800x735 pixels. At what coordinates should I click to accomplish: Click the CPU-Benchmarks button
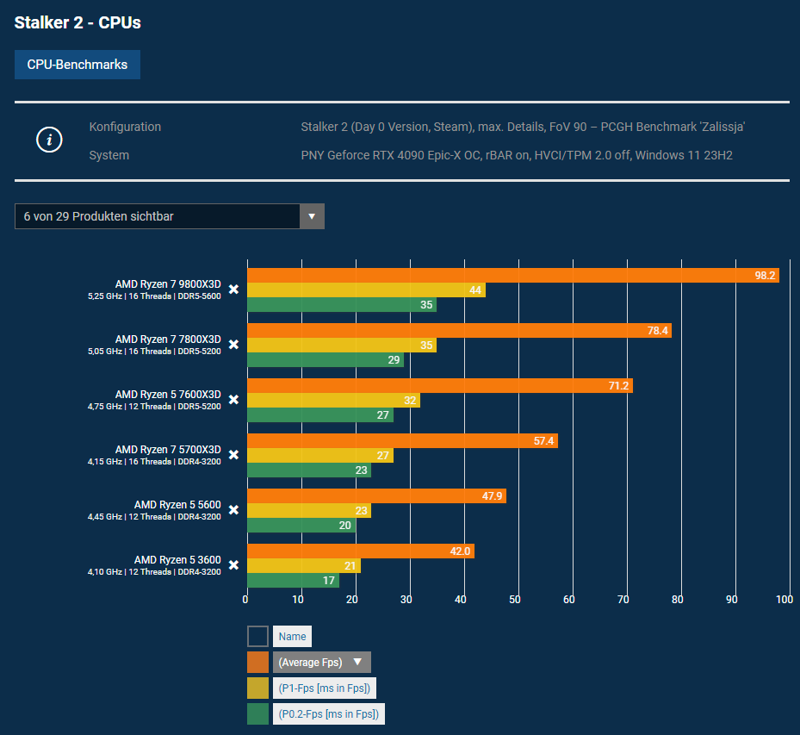pos(78,65)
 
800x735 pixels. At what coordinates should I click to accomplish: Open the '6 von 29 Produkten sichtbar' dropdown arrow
pos(312,216)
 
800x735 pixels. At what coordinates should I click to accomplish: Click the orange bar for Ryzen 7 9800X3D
pos(512,276)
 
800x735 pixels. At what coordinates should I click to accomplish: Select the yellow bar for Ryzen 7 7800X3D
pos(341,345)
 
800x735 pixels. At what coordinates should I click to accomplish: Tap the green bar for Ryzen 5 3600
pos(293,581)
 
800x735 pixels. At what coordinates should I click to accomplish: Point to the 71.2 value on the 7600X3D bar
pos(618,386)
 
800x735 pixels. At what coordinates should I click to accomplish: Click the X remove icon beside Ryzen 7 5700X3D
pos(233,455)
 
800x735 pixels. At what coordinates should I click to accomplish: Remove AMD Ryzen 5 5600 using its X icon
pos(233,510)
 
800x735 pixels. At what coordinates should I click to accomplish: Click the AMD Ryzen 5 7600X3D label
pos(168,395)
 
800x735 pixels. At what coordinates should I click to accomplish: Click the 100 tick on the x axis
pos(784,600)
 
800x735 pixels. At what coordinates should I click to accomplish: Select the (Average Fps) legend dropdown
pos(321,662)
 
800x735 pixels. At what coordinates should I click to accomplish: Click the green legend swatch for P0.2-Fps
pos(257,713)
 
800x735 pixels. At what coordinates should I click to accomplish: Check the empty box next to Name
pos(257,636)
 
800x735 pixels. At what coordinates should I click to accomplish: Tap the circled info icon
pos(49,140)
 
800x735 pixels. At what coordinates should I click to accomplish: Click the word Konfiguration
pos(125,127)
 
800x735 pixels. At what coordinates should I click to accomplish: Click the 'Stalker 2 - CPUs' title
pos(78,23)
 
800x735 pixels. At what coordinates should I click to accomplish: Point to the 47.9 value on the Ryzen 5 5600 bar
pos(492,496)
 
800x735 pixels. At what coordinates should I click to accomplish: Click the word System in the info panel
pos(109,155)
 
